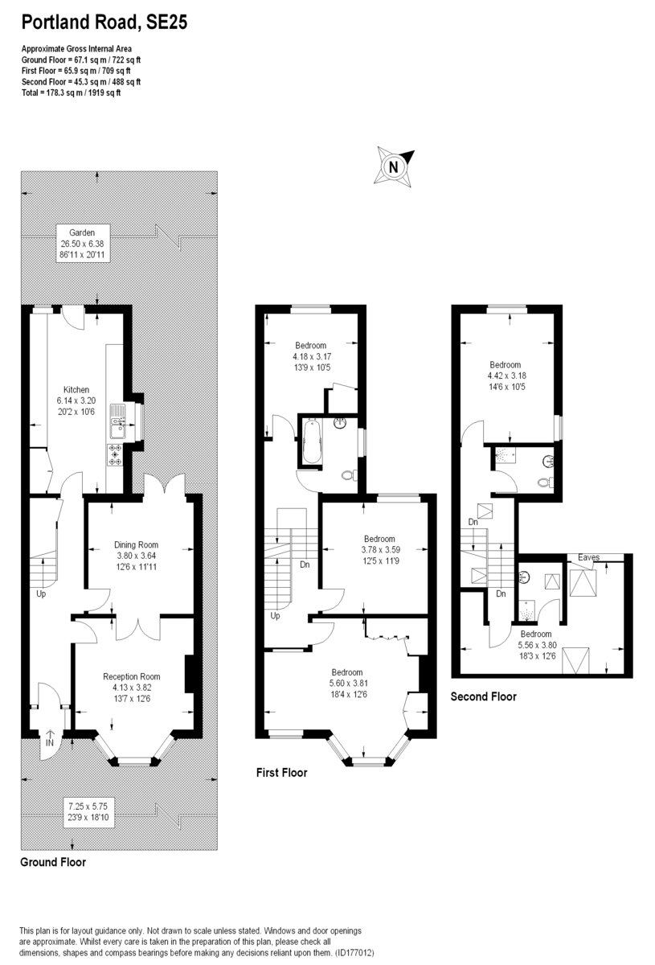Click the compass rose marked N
point(394,167)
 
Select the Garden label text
point(82,232)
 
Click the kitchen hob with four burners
point(116,455)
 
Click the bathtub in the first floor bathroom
point(311,441)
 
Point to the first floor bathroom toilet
point(348,475)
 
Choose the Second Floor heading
point(483,696)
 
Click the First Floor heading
point(281,773)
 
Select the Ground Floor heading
point(52,862)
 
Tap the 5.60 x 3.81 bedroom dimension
point(347,684)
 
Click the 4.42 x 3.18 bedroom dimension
point(506,375)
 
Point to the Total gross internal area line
point(71,92)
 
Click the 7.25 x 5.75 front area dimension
point(84,805)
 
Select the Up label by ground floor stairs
point(41,595)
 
